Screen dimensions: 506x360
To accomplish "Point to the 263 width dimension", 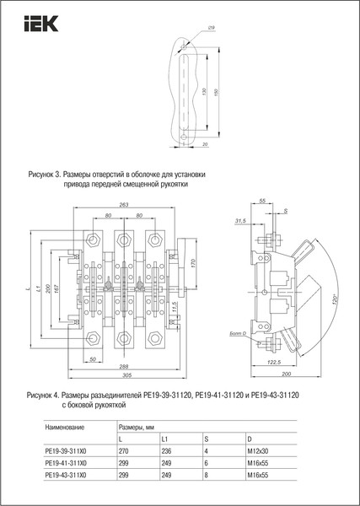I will pyautogui.click(x=124, y=205).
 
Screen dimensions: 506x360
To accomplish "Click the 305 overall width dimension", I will pyautogui.click(x=123, y=376).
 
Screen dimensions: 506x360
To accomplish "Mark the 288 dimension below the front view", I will pyautogui.click(x=123, y=368).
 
